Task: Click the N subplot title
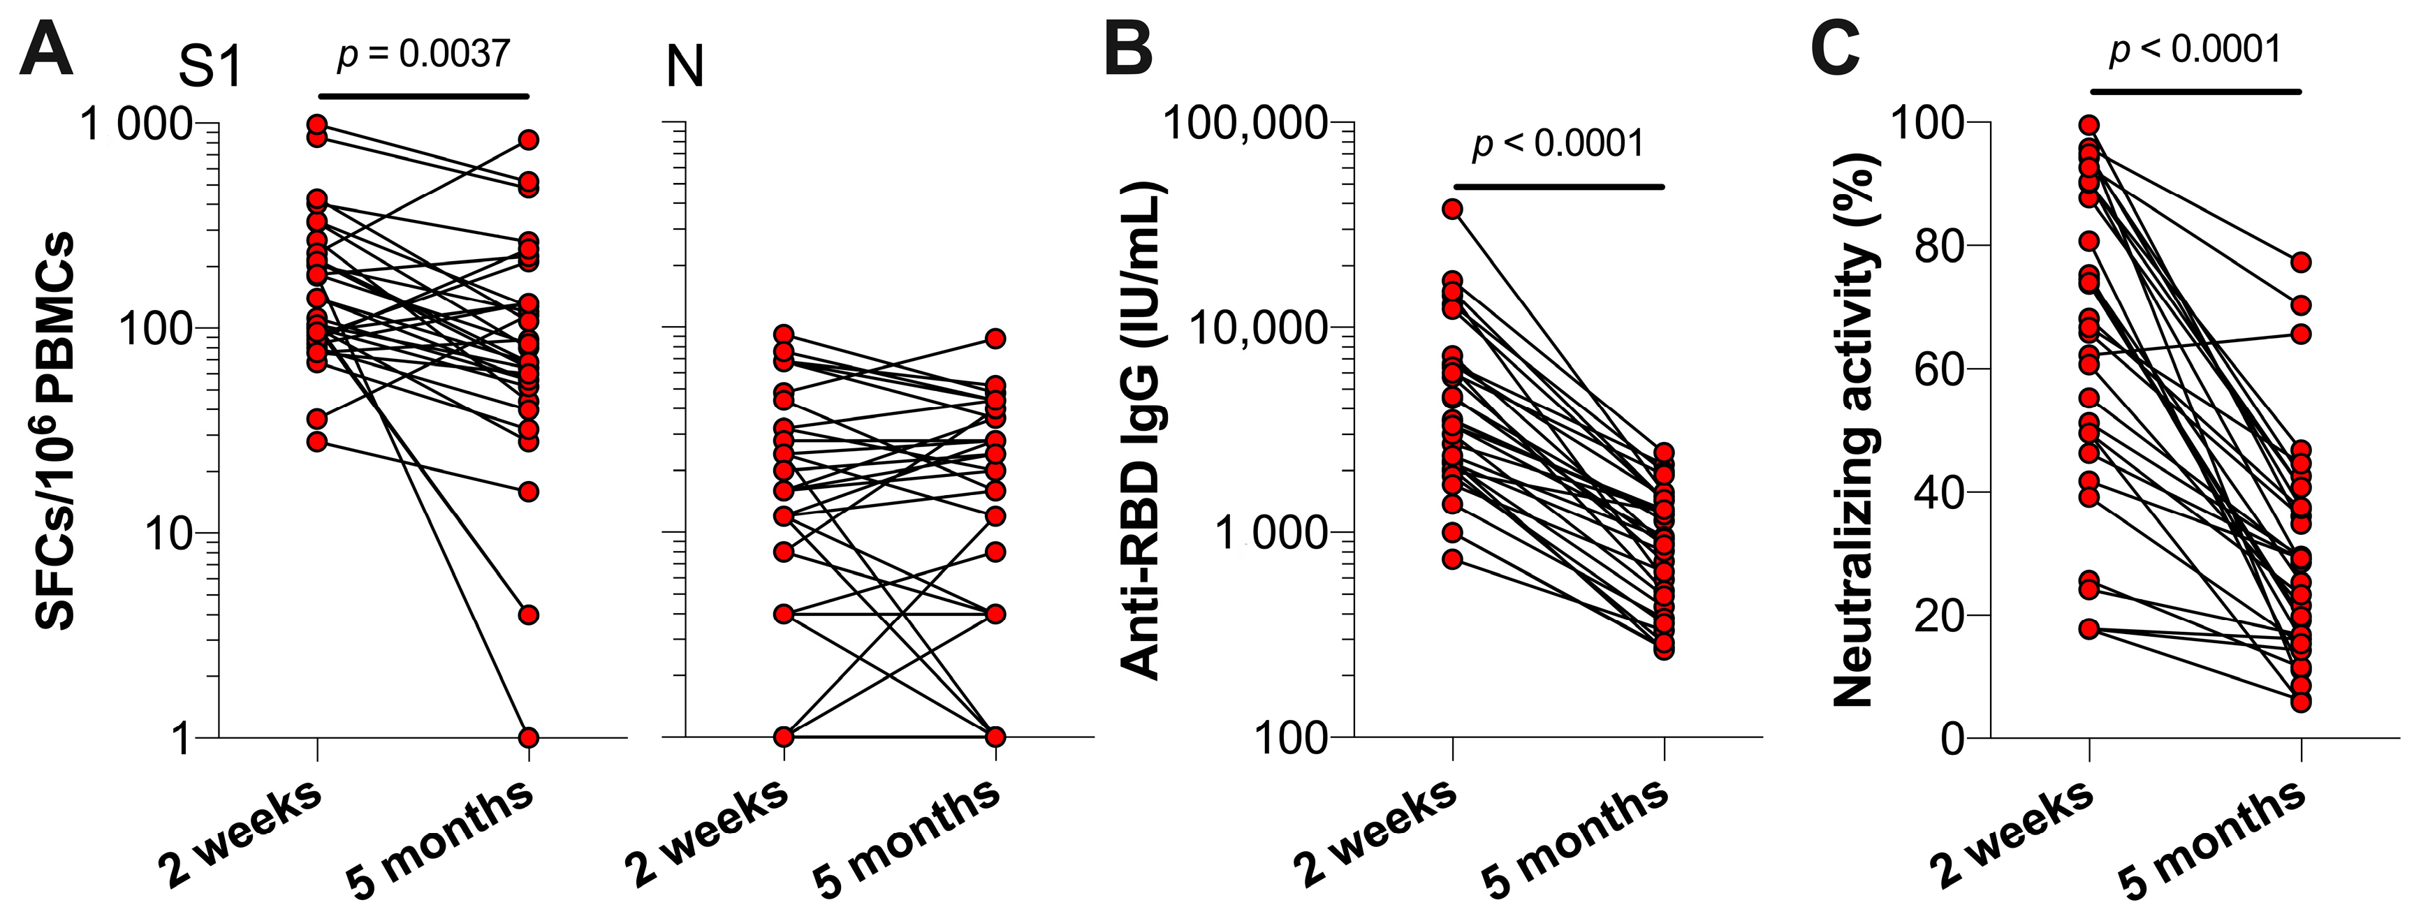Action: [685, 68]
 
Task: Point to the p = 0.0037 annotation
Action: [424, 54]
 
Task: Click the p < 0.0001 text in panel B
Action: [1558, 144]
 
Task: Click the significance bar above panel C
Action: [2195, 92]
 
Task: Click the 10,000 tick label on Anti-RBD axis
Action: [1259, 328]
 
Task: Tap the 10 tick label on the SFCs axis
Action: [168, 533]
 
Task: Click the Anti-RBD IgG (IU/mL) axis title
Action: [1143, 430]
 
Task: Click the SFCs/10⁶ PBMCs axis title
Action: [54, 430]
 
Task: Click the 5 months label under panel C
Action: [2211, 839]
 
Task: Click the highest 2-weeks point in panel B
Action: [1453, 209]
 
